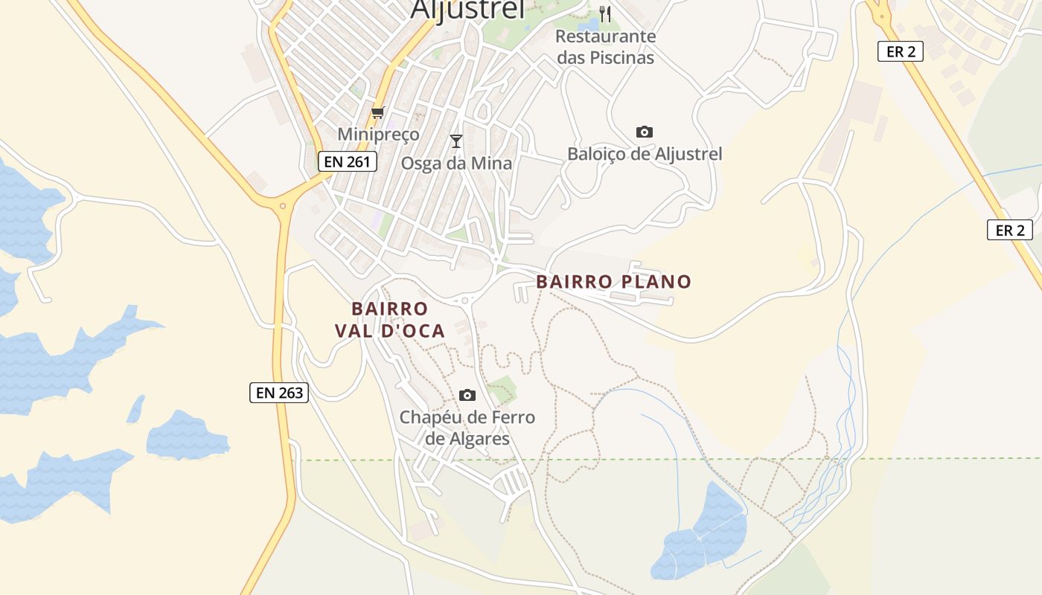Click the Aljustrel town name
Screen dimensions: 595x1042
pos(467,9)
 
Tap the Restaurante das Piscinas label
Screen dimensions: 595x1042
pos(605,47)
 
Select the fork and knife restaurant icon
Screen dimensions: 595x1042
pos(605,14)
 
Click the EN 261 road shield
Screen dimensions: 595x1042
pos(348,161)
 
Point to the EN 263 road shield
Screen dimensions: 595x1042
pos(278,393)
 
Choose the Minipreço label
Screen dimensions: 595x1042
pos(378,135)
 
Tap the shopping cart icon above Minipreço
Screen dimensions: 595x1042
pos(378,114)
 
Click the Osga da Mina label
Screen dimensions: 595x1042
pos(456,164)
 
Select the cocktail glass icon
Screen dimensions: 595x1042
pos(456,141)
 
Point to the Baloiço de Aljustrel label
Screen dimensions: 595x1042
pos(645,154)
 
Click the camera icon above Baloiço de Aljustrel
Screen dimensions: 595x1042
pos(645,132)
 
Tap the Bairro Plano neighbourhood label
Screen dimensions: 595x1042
pos(613,282)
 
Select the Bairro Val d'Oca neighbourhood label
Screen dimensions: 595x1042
pos(390,320)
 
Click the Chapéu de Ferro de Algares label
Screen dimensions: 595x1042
pos(467,428)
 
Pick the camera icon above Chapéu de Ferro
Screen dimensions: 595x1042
pos(467,395)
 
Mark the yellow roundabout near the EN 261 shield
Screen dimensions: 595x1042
pos(282,205)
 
